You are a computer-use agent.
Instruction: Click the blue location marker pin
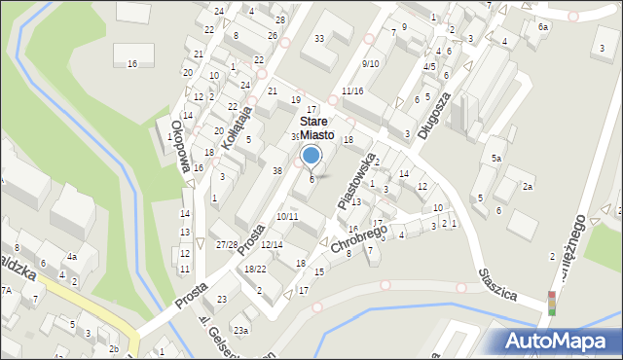coord(311,156)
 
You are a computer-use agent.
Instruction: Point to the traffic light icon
coord(551,304)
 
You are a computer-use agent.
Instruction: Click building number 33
coord(319,39)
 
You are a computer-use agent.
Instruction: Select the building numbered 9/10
coord(370,63)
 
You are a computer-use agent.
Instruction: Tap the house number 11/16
coord(352,90)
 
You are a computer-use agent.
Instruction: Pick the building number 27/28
coord(227,244)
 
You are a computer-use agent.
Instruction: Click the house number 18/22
coord(255,269)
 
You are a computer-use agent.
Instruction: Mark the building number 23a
coord(239,331)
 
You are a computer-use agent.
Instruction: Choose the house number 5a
coord(495,158)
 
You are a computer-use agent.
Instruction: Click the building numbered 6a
coord(543,27)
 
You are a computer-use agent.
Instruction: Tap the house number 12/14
coord(272,244)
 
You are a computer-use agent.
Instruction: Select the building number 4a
coord(72,257)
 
